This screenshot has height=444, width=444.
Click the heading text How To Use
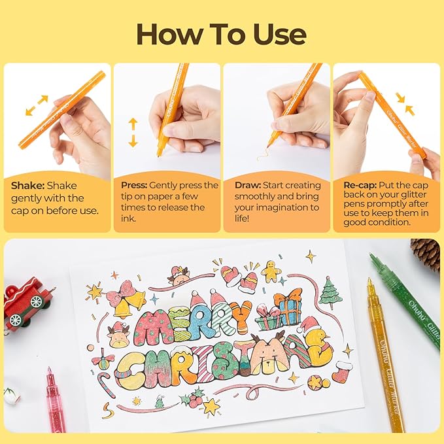coord(222,33)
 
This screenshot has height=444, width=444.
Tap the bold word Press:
coord(135,186)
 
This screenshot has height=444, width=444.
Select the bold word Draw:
coord(248,186)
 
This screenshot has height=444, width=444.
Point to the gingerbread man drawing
coord(270,270)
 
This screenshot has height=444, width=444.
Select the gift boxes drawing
coord(278,311)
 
